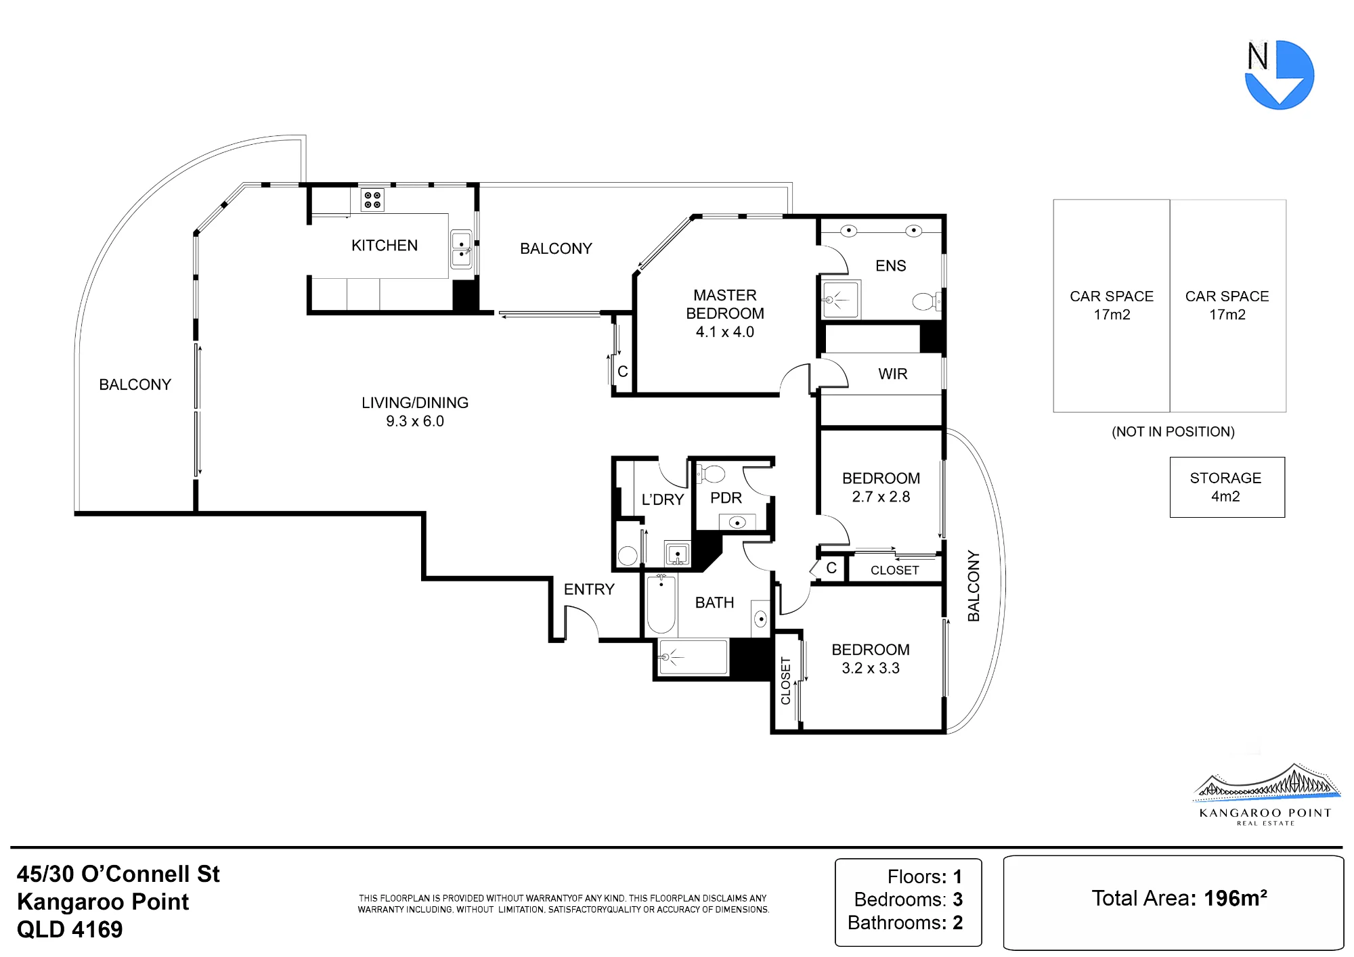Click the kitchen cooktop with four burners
(372, 200)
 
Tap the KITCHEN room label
(385, 246)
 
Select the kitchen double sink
(462, 249)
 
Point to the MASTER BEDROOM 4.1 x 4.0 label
(725, 313)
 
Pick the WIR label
(893, 374)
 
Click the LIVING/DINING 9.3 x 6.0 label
(415, 411)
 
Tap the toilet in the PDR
(711, 473)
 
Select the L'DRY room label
(662, 499)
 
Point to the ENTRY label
(589, 589)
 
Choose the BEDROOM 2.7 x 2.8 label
(881, 487)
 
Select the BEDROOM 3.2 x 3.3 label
(871, 659)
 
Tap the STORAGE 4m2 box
(1227, 487)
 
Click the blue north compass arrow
(1280, 75)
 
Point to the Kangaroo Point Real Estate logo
(1266, 795)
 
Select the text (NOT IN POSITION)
(1173, 432)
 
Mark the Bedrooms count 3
(958, 899)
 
